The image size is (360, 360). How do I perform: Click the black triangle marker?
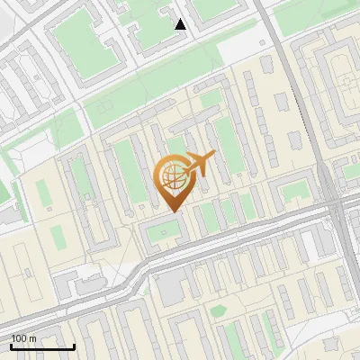(x=181, y=24)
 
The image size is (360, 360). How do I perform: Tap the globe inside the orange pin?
(x=172, y=175)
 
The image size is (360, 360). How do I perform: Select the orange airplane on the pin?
(x=199, y=164)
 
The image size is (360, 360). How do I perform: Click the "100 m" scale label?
(x=24, y=338)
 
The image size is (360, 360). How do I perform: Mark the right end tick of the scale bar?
(x=74, y=346)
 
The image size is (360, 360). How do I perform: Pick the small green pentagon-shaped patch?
(x=218, y=311)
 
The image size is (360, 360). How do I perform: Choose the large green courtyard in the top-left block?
(x=85, y=40)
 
